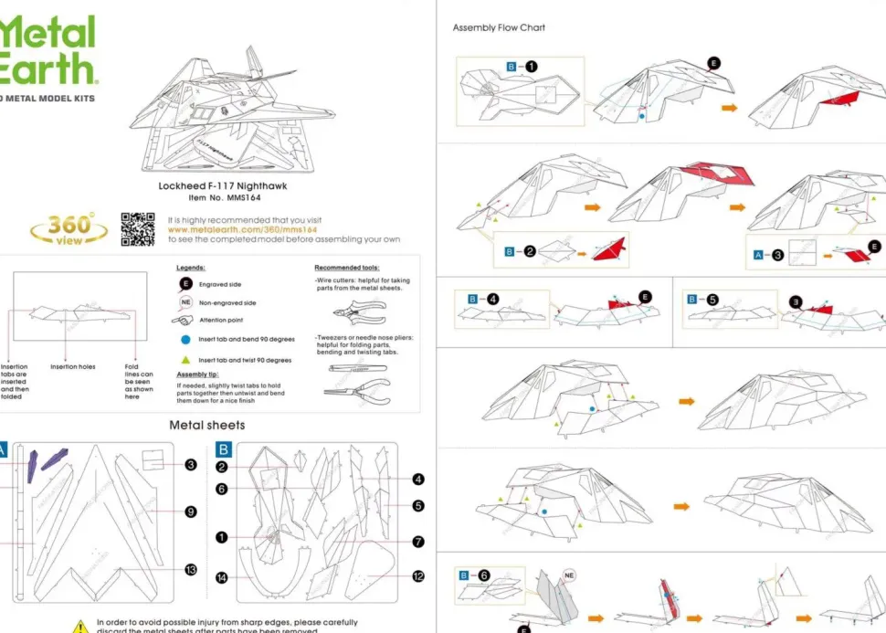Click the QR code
138,229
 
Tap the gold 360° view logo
68,229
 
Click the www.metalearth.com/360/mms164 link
242,230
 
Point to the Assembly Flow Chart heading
499,27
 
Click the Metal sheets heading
206,425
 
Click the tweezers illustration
355,367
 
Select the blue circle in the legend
185,338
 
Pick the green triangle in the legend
185,360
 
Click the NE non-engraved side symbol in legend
185,301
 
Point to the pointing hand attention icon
183,320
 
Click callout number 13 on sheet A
191,570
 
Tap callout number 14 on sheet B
221,577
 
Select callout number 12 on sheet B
418,576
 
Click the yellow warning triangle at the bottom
80,626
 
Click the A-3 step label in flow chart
768,255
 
